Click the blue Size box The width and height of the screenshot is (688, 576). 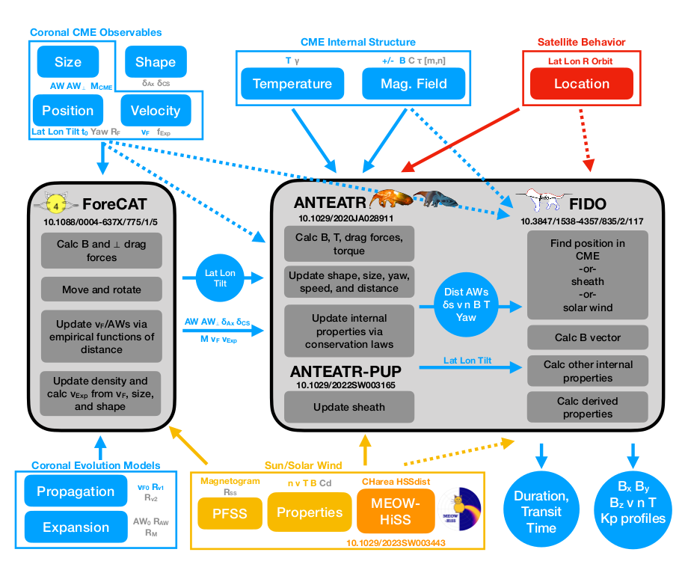click(x=68, y=62)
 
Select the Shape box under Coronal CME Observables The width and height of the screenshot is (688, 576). click(x=156, y=62)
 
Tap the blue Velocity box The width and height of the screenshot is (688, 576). click(x=156, y=110)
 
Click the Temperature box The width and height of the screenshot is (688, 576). click(x=292, y=83)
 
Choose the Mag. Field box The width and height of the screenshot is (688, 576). click(x=413, y=83)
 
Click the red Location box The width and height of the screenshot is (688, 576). click(x=581, y=83)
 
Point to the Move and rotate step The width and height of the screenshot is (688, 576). click(x=102, y=289)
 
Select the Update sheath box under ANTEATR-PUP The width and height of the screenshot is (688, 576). click(x=349, y=407)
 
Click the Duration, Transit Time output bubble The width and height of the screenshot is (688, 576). click(x=541, y=512)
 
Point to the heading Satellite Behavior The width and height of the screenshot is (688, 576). click(x=581, y=42)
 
